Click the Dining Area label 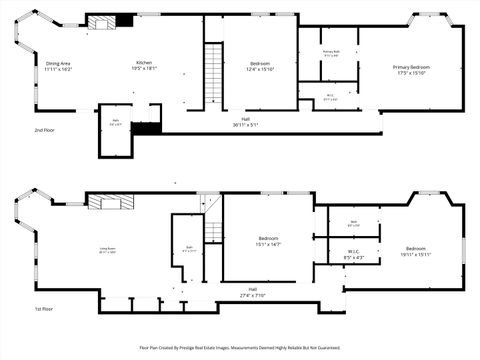click(x=58, y=66)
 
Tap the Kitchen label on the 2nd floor click(x=145, y=66)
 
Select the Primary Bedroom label click(x=411, y=69)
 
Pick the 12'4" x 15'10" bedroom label click(x=260, y=67)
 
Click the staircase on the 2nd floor click(x=213, y=70)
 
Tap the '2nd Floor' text click(x=44, y=130)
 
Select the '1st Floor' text click(x=43, y=309)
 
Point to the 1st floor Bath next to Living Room click(x=188, y=248)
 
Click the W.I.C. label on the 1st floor click(x=353, y=254)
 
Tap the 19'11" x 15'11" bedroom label click(x=416, y=250)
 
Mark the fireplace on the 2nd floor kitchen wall click(x=109, y=21)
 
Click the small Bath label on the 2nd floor click(x=116, y=122)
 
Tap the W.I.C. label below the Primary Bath click(x=330, y=97)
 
